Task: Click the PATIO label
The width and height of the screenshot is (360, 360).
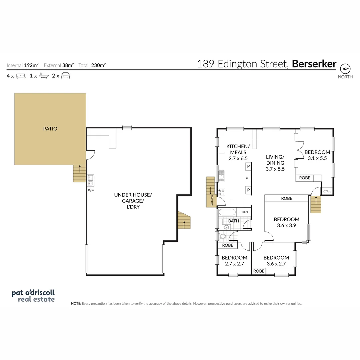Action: pyautogui.click(x=50, y=129)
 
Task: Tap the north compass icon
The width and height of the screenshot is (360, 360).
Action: pyautogui.click(x=345, y=69)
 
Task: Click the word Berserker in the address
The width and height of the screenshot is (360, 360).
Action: pyautogui.click(x=314, y=64)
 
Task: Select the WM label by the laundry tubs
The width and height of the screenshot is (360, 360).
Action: pyautogui.click(x=91, y=190)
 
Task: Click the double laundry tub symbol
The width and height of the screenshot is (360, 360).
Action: pyautogui.click(x=90, y=181)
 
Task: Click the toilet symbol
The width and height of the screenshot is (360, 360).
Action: pyautogui.click(x=222, y=236)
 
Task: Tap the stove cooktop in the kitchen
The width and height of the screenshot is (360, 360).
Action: pyautogui.click(x=221, y=192)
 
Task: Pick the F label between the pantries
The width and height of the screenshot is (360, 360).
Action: pyautogui.click(x=247, y=179)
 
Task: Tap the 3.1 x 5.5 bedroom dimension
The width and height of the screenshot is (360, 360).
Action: pyautogui.click(x=317, y=158)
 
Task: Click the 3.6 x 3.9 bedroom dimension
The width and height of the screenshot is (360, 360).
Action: pyautogui.click(x=286, y=225)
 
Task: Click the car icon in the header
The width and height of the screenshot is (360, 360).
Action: pyautogui.click(x=65, y=76)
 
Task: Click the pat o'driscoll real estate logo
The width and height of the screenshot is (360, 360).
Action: pyautogui.click(x=33, y=296)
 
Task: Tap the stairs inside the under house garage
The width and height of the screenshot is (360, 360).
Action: pyautogui.click(x=184, y=221)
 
